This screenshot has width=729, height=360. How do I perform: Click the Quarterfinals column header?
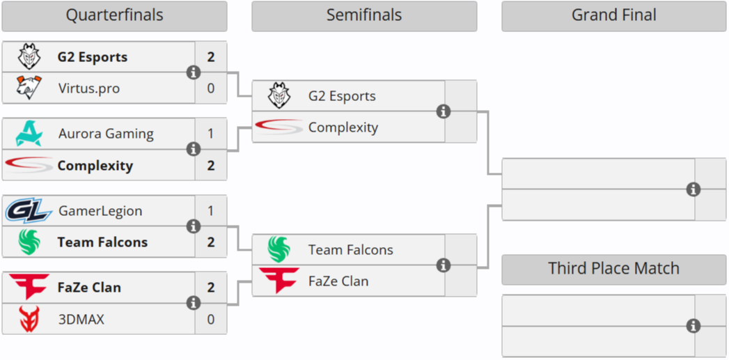coord(114,15)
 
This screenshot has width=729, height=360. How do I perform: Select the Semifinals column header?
coord(364,15)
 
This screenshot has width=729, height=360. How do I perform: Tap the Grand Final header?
coord(613,15)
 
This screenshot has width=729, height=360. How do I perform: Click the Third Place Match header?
coord(613,269)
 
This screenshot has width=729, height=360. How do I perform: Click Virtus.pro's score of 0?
coord(211,88)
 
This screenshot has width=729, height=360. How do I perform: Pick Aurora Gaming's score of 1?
coord(211,134)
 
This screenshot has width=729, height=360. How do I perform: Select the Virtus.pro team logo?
coord(29,88)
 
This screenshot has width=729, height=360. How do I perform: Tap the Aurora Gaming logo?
coord(29,134)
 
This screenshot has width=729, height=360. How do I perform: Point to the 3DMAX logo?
coord(29,320)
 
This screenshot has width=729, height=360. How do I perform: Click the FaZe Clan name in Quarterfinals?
coord(89,288)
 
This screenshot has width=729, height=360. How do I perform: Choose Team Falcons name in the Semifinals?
coord(350,250)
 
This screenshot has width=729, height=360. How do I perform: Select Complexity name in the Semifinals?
coord(343,127)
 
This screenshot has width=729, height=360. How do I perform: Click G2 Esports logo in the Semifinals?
coord(279,96)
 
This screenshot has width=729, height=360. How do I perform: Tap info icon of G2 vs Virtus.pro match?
coord(194,72)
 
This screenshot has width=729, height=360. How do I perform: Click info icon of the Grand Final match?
coord(693,189)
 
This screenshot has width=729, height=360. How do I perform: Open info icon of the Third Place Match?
coord(693,326)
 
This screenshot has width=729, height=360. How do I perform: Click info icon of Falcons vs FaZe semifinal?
coord(444,265)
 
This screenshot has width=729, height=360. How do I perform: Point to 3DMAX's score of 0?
coord(211,320)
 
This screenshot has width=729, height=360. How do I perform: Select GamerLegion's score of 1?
coord(211,211)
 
